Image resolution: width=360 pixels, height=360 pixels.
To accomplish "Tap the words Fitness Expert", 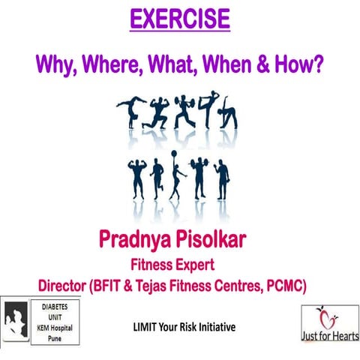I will [180, 264].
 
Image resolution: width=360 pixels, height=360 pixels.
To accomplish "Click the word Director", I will [69, 285].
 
